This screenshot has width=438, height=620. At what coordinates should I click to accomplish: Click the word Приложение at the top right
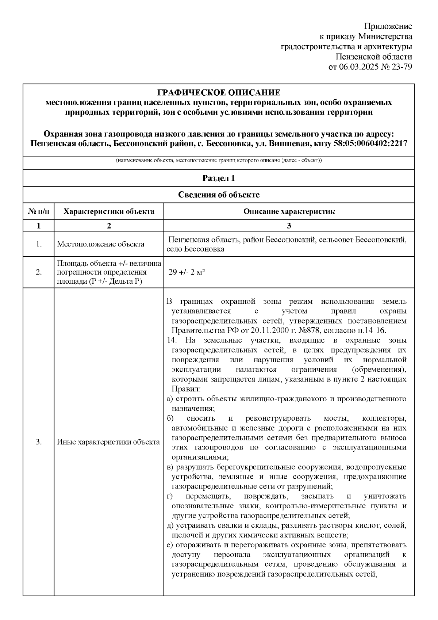(388, 26)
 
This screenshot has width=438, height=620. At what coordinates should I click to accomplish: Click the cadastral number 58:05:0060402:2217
(370, 143)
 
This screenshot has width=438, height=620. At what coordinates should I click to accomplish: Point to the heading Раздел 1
(219, 178)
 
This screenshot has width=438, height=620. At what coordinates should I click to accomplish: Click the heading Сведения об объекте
(219, 195)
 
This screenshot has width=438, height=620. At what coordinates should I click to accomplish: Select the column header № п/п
(38, 211)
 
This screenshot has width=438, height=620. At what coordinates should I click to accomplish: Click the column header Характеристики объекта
(109, 211)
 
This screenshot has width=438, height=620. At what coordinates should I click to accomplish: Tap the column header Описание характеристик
(289, 211)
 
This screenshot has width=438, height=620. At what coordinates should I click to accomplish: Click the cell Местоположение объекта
(100, 244)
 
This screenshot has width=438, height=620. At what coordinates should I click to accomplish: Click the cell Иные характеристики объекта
(108, 442)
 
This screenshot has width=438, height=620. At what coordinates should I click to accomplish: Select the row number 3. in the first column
(38, 442)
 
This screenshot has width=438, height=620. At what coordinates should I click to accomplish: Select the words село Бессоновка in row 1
(195, 249)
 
